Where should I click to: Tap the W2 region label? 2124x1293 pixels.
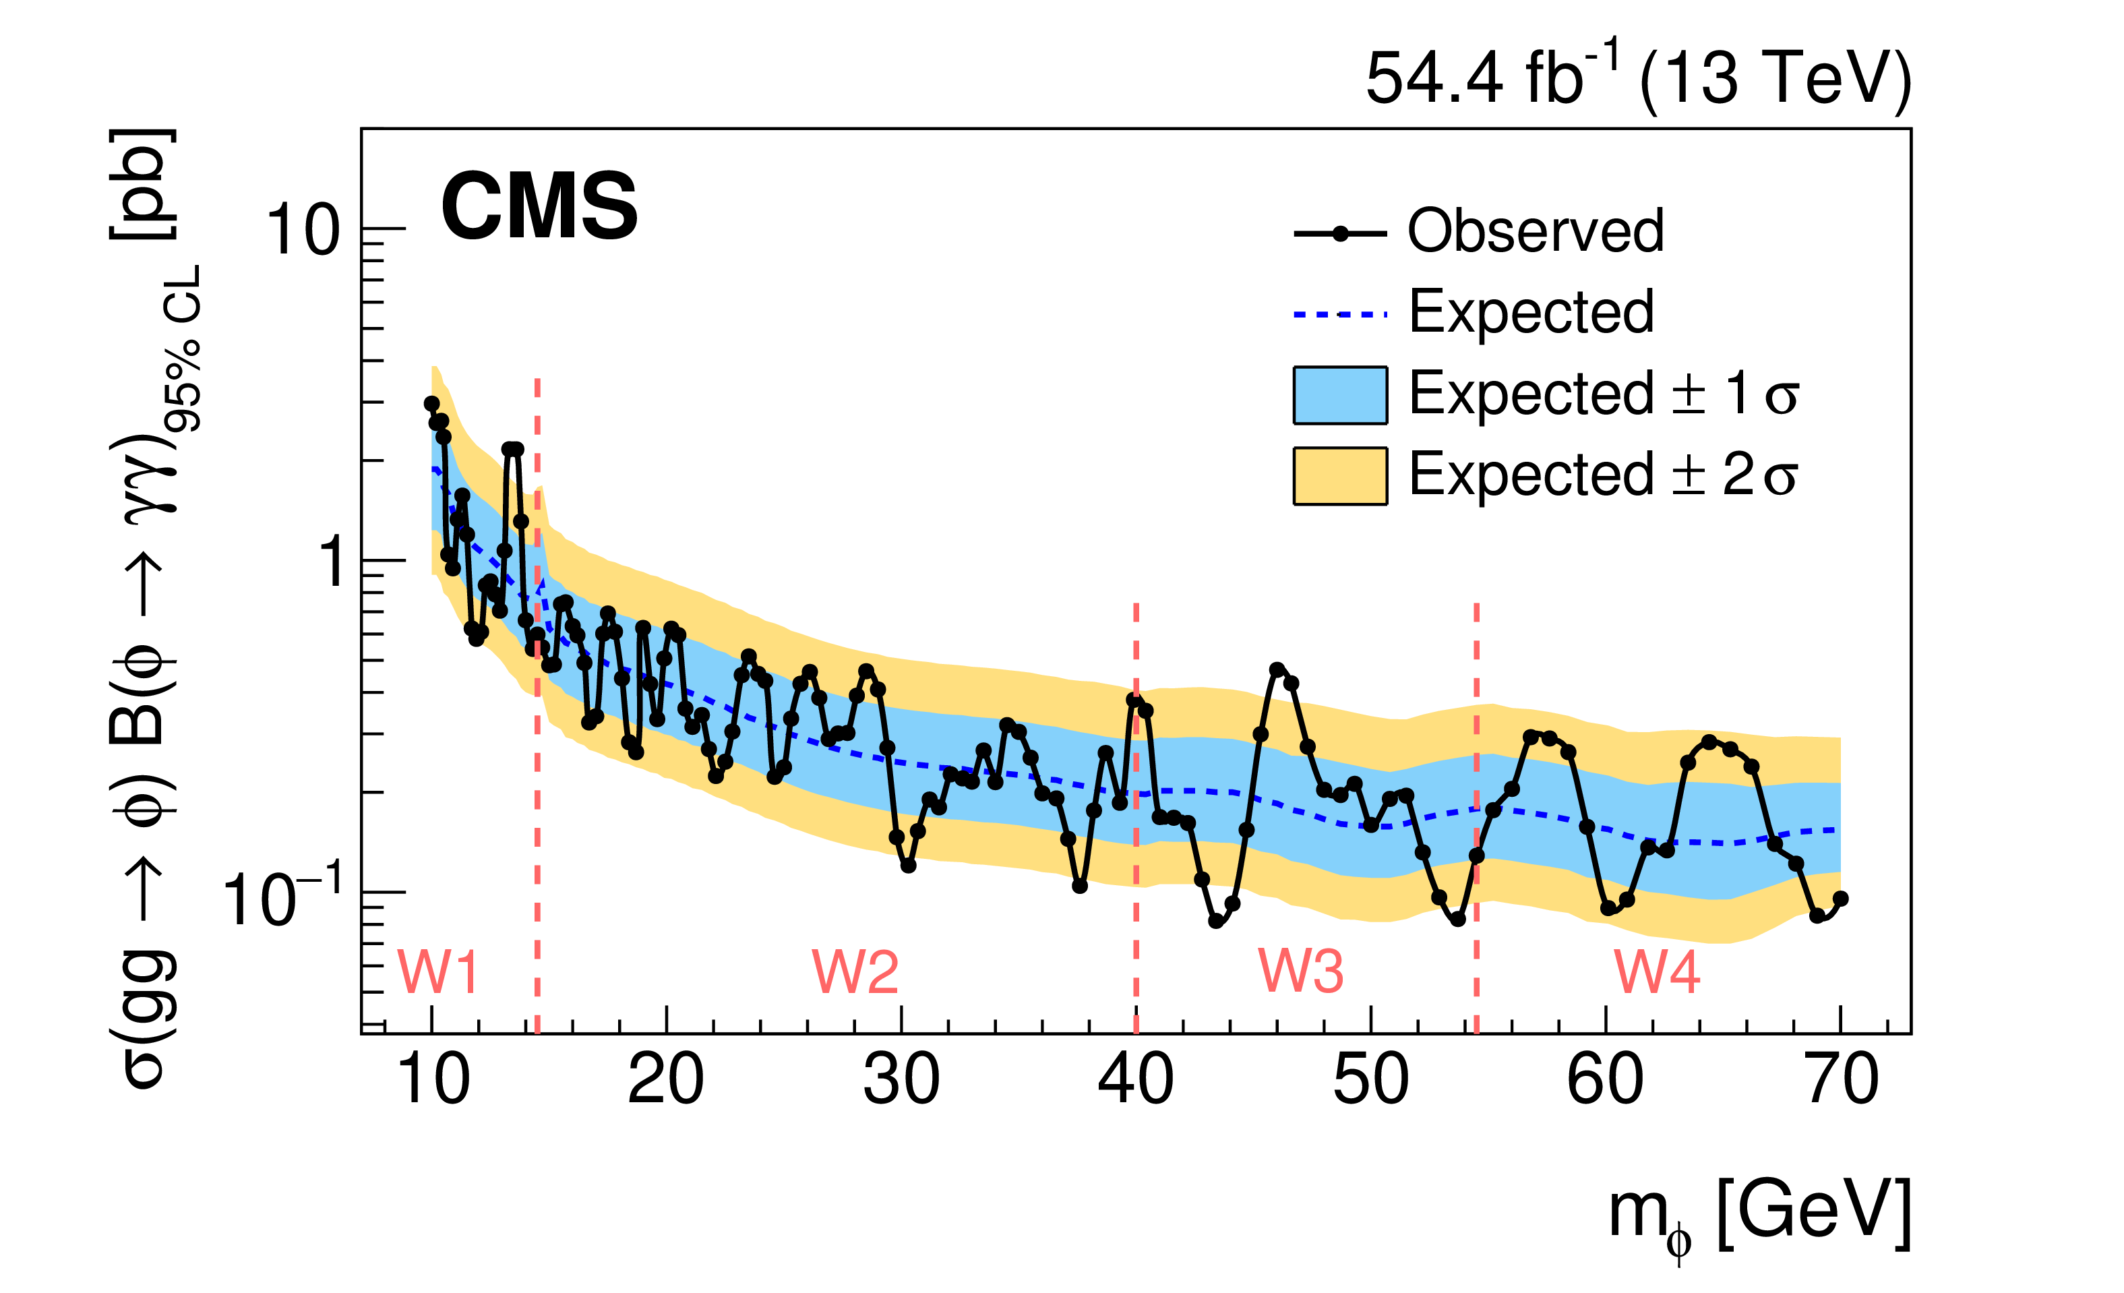(x=855, y=972)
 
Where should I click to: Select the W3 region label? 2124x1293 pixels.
(x=1301, y=972)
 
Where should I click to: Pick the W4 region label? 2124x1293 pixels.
(x=1657, y=972)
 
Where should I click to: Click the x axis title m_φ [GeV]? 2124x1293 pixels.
(x=1759, y=1215)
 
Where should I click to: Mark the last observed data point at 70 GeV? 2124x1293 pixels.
(x=1840, y=899)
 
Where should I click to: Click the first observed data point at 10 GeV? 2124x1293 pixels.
(x=432, y=403)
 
